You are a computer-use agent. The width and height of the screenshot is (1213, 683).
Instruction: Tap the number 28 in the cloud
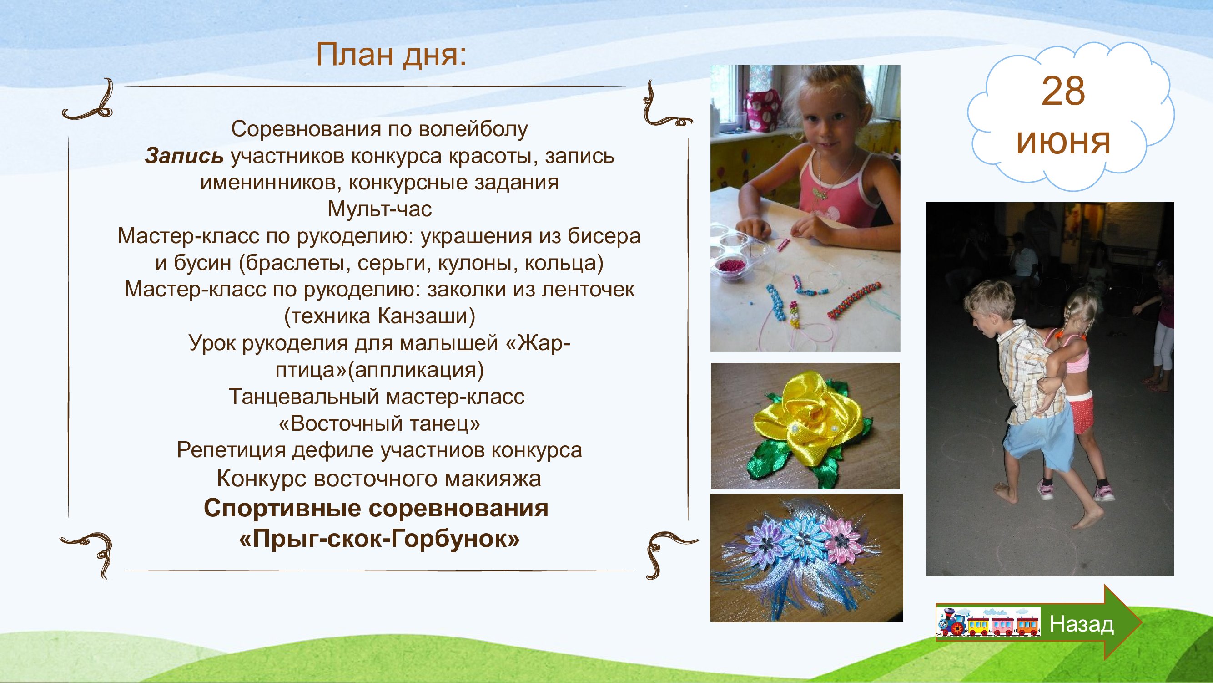tap(1063, 92)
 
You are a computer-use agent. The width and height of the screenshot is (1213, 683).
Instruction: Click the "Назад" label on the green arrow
tap(1082, 625)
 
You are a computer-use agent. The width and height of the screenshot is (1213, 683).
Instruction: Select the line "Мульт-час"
tap(379, 209)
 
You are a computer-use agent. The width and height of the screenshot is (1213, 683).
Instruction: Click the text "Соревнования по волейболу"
tap(379, 129)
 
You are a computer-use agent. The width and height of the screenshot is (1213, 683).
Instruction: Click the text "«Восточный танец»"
tap(379, 424)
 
